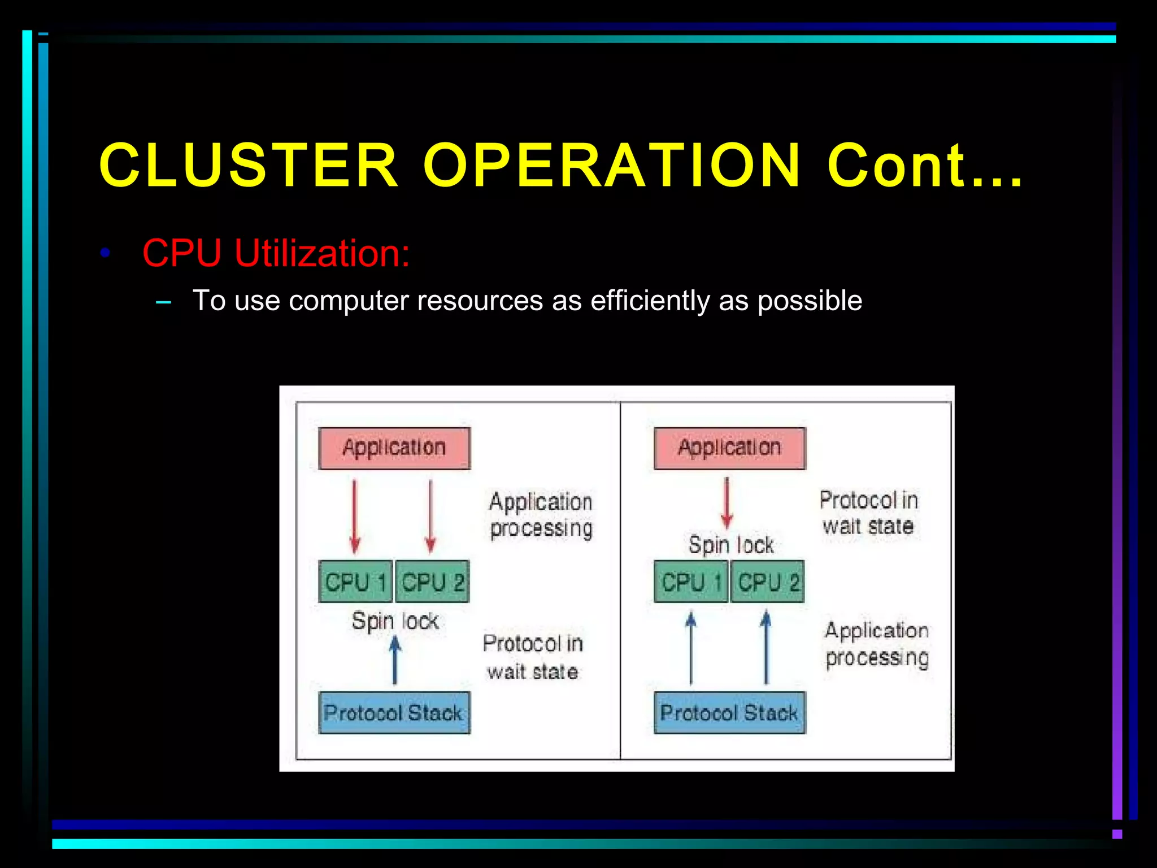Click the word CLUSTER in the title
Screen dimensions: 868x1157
point(249,165)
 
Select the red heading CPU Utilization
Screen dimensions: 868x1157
point(276,253)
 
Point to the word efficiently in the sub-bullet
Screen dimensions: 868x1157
point(650,301)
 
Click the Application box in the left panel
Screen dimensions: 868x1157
point(394,448)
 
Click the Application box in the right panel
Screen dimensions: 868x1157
point(729,448)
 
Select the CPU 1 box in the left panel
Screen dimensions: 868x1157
point(355,581)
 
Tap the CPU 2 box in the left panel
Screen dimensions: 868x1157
point(432,581)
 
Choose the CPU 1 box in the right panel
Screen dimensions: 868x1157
point(691,581)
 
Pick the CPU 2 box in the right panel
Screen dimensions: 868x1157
point(767,581)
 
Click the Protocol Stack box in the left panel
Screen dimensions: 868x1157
point(394,713)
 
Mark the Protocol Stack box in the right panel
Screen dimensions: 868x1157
point(729,713)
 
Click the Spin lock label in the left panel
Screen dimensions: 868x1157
point(395,621)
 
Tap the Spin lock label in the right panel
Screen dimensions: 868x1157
point(731,545)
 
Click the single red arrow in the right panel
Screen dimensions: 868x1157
point(727,503)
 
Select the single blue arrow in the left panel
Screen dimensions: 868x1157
point(395,660)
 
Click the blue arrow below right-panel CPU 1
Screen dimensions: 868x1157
point(690,649)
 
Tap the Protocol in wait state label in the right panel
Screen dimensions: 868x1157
point(868,513)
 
